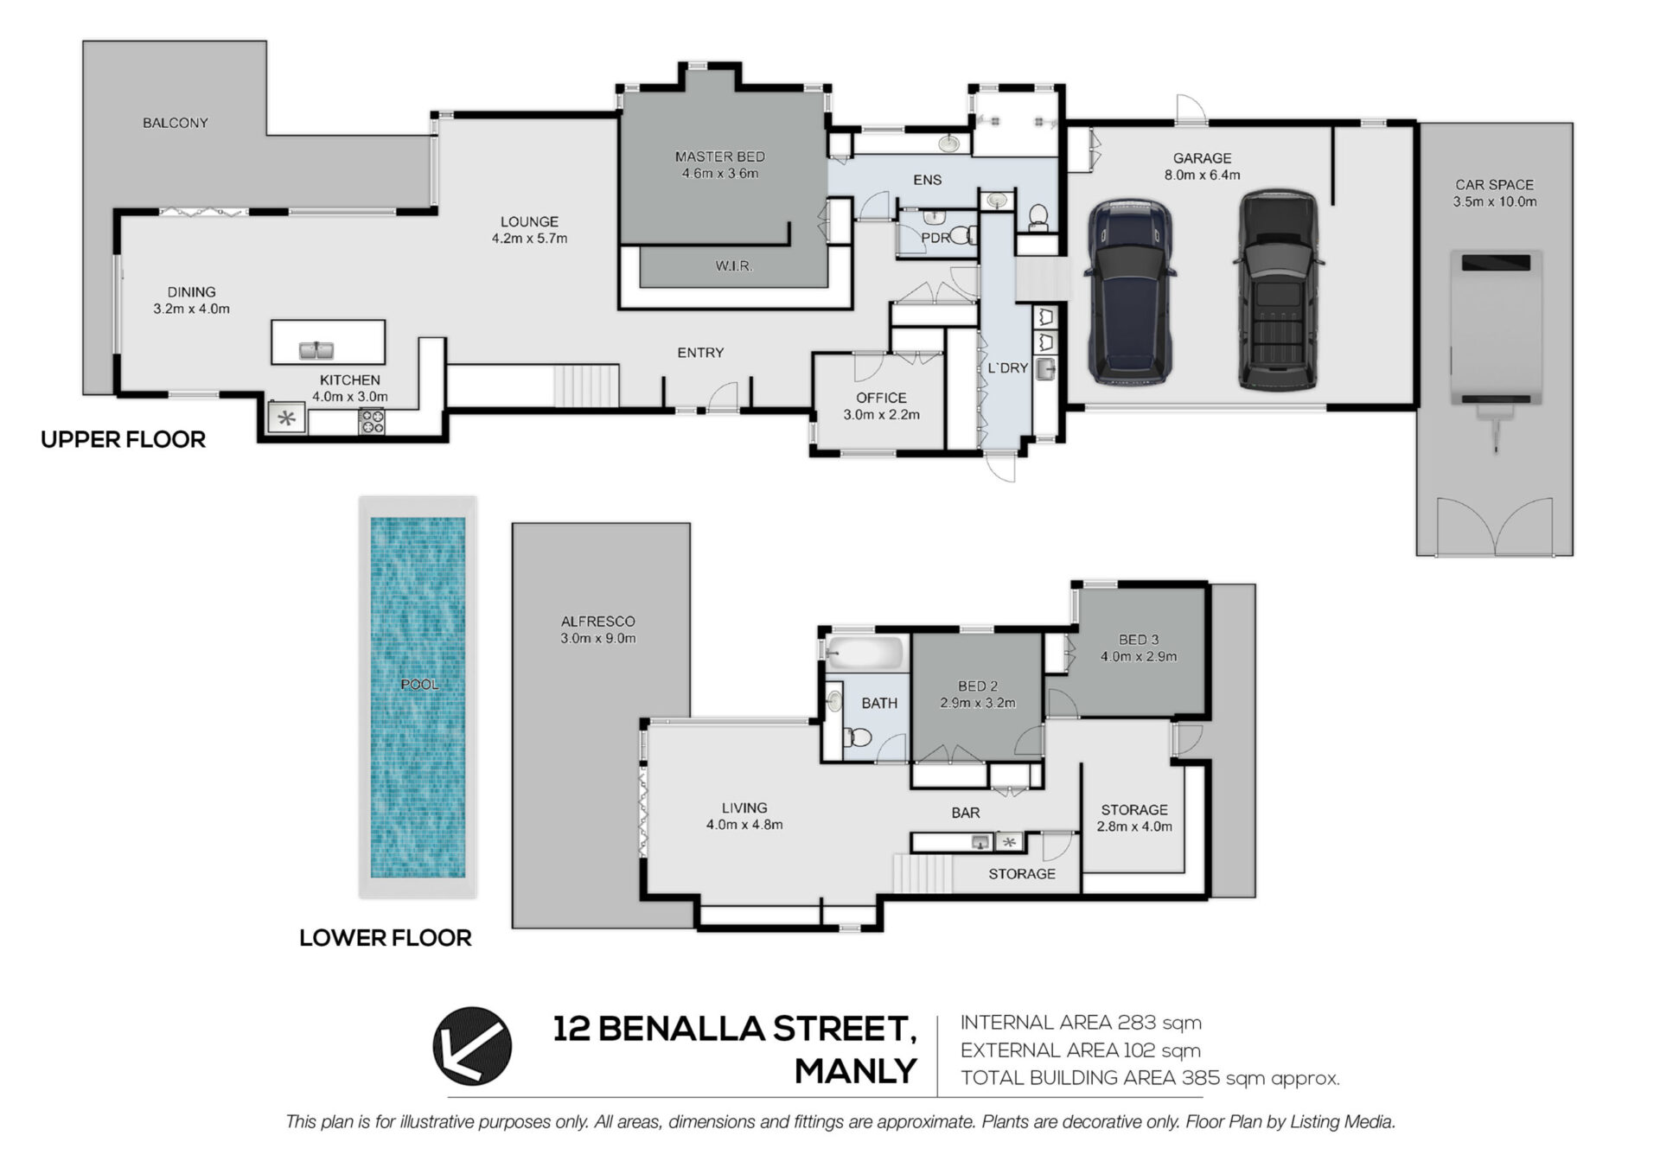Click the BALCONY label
click(176, 123)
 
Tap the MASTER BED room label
click(719, 156)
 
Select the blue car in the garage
click(1130, 293)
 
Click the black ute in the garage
click(1278, 290)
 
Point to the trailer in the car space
click(1496, 346)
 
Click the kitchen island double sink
click(317, 350)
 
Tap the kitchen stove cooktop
click(372, 422)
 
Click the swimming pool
click(418, 697)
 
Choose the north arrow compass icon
click(472, 1046)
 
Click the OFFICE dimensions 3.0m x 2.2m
click(881, 415)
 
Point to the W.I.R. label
click(733, 266)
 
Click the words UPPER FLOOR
click(124, 439)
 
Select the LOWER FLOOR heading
click(386, 938)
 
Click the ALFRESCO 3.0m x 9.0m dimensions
click(597, 639)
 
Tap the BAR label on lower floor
click(966, 813)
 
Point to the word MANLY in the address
click(855, 1072)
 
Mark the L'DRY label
click(1008, 368)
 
